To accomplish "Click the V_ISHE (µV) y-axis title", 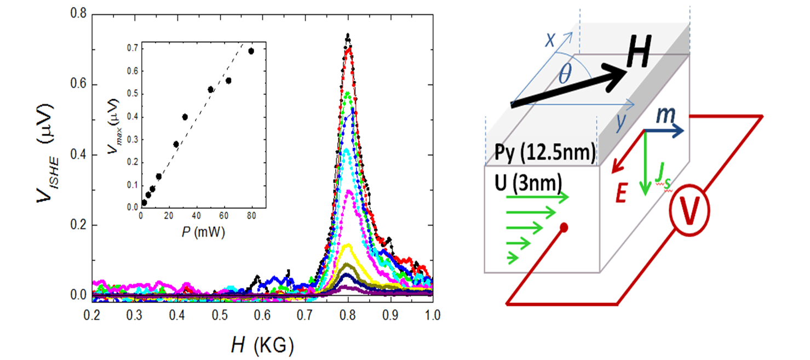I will click(47, 155).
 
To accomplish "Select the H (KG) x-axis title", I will click(262, 345).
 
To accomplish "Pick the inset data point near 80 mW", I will click(251, 51).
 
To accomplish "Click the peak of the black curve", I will click(347, 36).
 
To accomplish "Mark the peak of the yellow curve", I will click(347, 245).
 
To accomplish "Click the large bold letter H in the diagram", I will click(638, 55).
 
